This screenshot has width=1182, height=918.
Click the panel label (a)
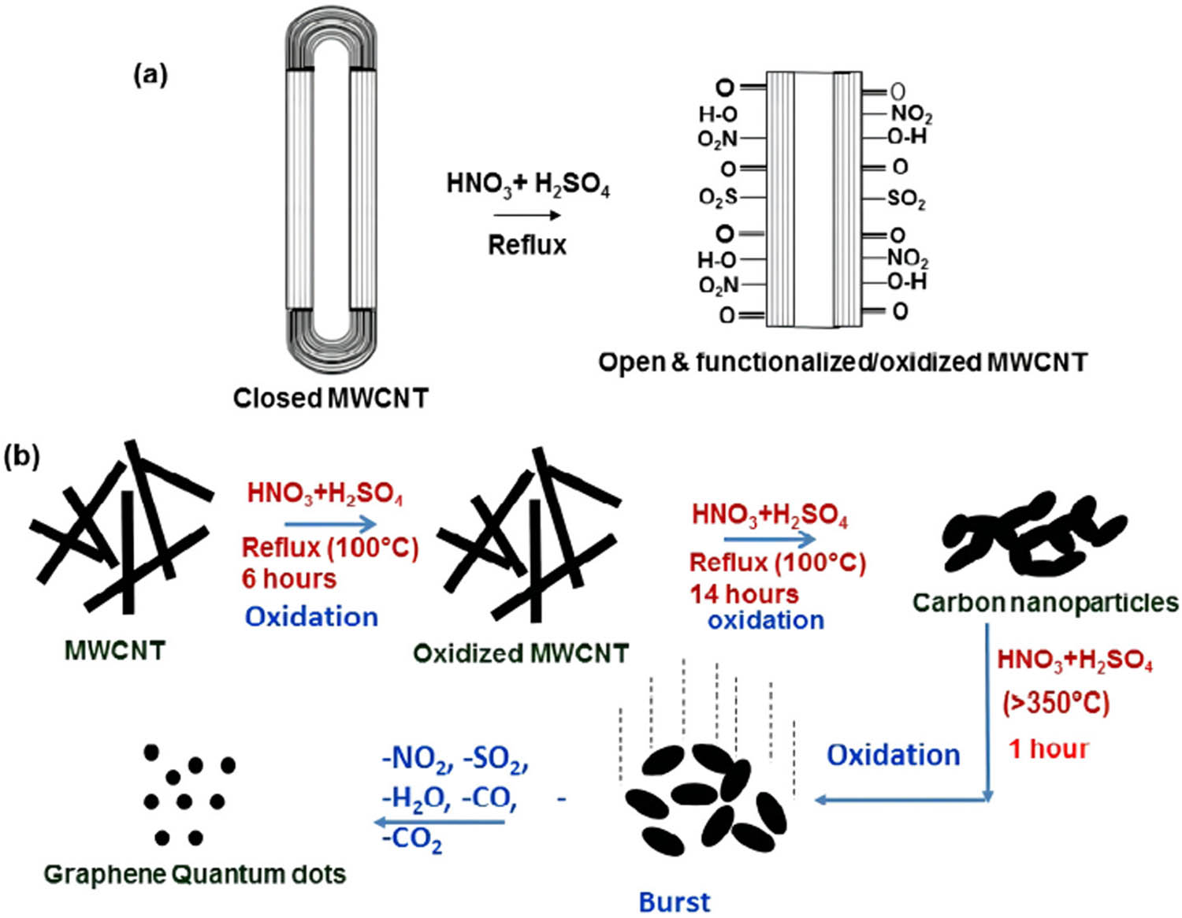[151, 75]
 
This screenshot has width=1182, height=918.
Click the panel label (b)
[22, 456]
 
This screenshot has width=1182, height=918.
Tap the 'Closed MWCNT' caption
[330, 398]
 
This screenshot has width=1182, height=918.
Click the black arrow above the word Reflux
[527, 215]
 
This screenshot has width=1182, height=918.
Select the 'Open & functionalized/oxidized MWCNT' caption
[842, 362]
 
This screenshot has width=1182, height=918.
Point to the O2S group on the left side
[718, 198]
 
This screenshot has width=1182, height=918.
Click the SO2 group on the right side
[906, 199]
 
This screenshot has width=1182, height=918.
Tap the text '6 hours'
[289, 578]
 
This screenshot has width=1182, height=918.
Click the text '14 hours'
[744, 593]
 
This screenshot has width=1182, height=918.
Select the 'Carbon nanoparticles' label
[1045, 603]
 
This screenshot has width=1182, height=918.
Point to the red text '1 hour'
[1048, 749]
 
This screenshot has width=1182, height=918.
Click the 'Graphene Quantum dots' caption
[195, 874]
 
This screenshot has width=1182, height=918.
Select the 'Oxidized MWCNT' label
[521, 653]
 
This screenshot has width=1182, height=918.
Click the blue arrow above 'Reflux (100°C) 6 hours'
[330, 523]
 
